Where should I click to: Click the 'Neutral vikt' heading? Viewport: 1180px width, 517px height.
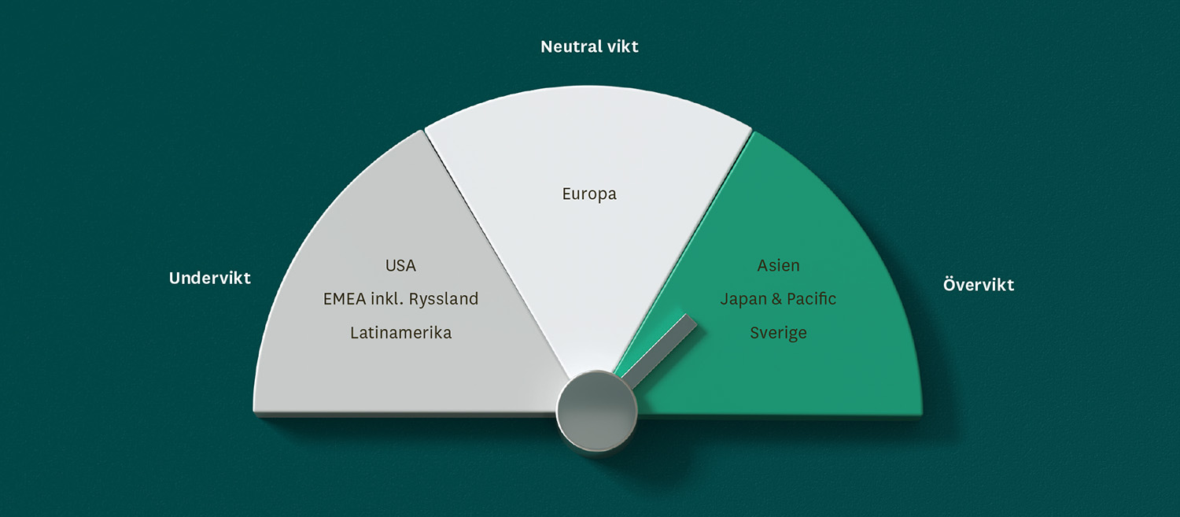[589, 47]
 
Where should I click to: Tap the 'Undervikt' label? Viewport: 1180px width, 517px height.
[210, 278]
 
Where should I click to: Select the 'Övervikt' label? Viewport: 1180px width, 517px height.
[979, 284]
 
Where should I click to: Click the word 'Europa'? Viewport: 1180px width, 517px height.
[589, 194]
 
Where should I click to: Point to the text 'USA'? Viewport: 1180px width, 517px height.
[400, 266]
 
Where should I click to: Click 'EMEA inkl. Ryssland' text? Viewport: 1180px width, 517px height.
[400, 299]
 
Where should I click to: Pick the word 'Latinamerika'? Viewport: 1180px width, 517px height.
[401, 333]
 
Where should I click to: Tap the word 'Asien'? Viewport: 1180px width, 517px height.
[778, 266]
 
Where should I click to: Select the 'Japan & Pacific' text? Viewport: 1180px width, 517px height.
[778, 299]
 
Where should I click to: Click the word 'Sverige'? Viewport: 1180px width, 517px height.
[778, 334]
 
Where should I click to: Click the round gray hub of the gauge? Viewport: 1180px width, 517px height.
[596, 411]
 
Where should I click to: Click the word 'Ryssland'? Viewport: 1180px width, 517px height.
[444, 299]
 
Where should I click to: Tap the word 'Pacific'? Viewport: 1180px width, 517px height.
[811, 299]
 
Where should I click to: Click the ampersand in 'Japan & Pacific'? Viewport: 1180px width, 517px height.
[776, 299]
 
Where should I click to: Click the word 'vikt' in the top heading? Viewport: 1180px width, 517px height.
[623, 47]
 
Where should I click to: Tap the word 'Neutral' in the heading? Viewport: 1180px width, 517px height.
[571, 47]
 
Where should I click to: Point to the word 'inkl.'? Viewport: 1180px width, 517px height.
[387, 299]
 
